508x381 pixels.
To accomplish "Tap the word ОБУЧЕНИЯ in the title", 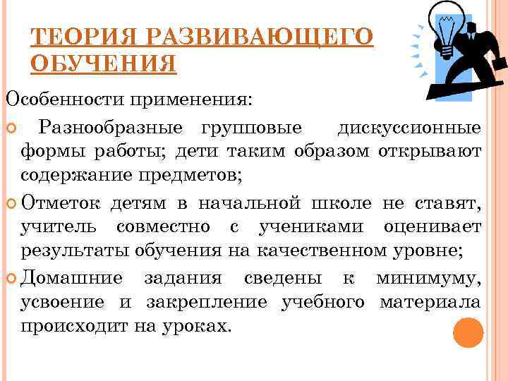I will (x=104, y=64).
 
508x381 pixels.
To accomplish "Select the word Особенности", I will (x=63, y=99).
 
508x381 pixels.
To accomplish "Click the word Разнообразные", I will (x=112, y=128).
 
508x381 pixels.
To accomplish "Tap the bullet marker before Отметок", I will (x=11, y=205).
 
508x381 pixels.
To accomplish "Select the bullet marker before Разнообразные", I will (x=11, y=128).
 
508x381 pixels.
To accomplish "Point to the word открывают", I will (x=430, y=151).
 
